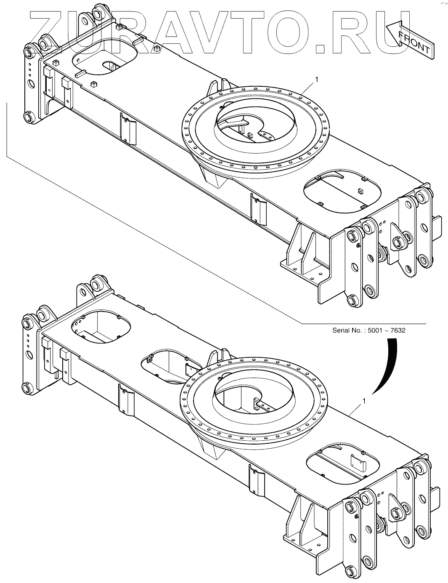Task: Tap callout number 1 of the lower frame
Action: click(x=363, y=401)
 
